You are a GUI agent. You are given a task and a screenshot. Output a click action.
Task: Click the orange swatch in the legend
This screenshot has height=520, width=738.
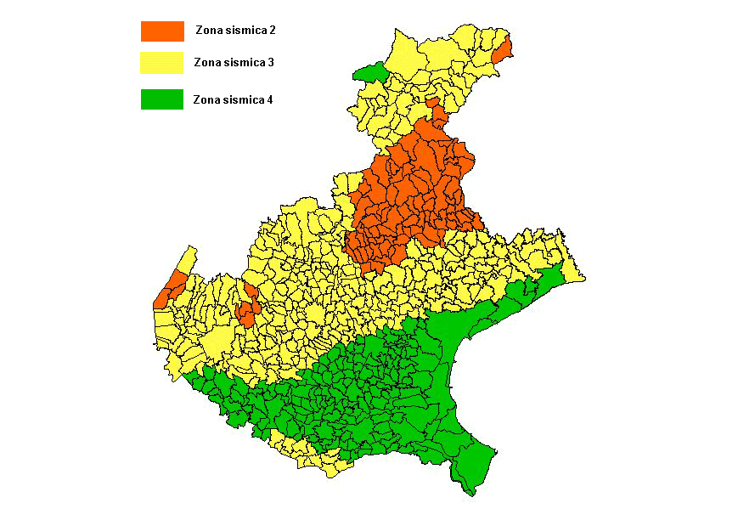coord(162,31)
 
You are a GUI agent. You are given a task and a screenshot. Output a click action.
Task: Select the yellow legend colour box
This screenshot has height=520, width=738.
coord(162,63)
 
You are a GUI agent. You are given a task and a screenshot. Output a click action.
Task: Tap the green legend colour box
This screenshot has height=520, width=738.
coord(162,99)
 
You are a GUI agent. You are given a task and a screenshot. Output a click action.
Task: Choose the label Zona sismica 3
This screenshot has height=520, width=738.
coord(234,62)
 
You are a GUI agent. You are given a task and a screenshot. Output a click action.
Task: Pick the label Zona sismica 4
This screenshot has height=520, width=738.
coord(233,99)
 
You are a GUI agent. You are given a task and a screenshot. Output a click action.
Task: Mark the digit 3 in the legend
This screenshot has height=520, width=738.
coord(270,62)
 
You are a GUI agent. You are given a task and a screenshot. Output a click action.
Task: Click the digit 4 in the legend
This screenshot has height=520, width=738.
coord(269,99)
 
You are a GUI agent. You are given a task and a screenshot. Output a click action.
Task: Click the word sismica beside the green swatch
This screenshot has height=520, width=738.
coord(244,99)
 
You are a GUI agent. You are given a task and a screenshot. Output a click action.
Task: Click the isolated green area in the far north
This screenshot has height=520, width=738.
coord(370,71)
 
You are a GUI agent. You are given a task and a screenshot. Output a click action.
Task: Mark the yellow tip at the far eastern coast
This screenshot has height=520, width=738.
coord(572,272)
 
